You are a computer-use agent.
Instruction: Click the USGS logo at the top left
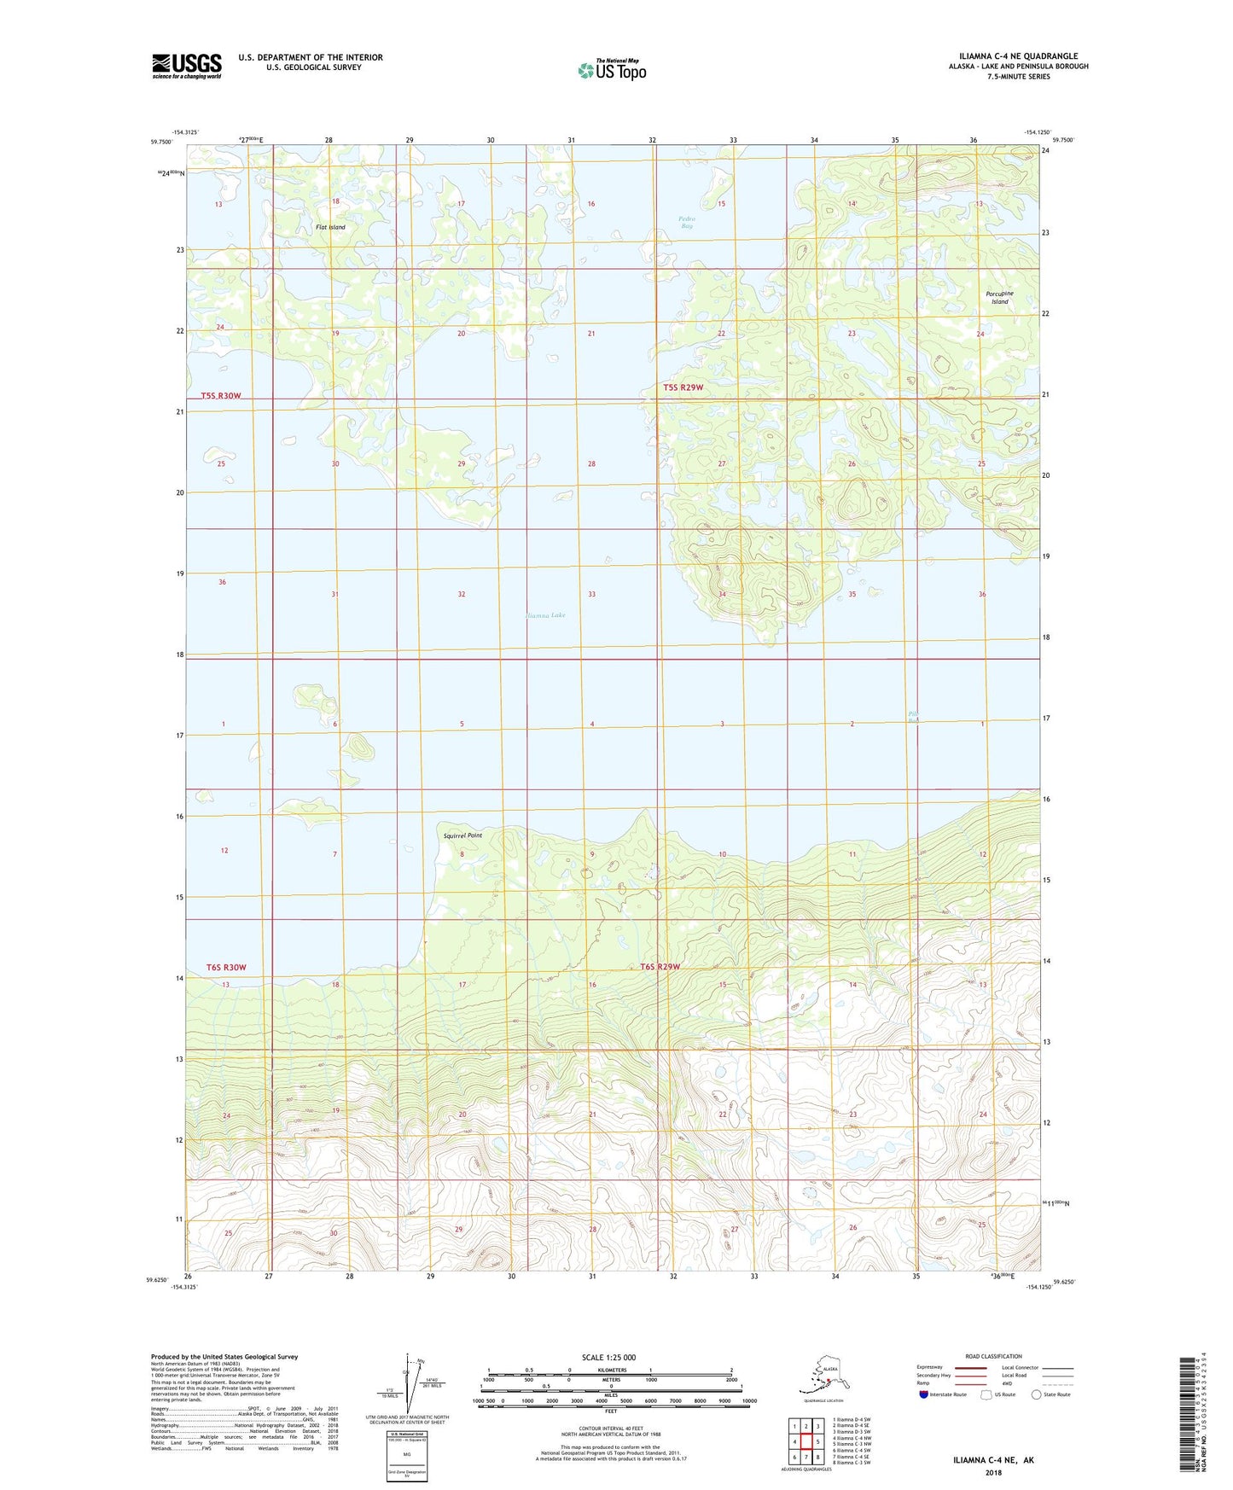[x=186, y=66]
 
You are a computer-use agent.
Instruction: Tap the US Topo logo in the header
[x=611, y=70]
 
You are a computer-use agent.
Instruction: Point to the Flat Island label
[x=331, y=227]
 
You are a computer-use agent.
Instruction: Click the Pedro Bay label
[x=687, y=222]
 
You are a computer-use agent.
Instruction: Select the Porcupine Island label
[x=999, y=297]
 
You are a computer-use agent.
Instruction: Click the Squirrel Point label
[x=462, y=835]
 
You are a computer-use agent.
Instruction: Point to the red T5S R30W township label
[x=222, y=396]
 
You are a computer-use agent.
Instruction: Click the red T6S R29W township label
[x=660, y=967]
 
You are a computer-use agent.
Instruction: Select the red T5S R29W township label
[x=683, y=387]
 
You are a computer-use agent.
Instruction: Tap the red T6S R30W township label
[x=226, y=967]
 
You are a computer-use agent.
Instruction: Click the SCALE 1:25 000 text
[x=608, y=1358]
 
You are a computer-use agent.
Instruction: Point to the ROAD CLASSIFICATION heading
[x=993, y=1356]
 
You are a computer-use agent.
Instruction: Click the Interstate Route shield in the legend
[x=924, y=1394]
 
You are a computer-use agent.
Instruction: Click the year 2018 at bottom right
[x=993, y=1473]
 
